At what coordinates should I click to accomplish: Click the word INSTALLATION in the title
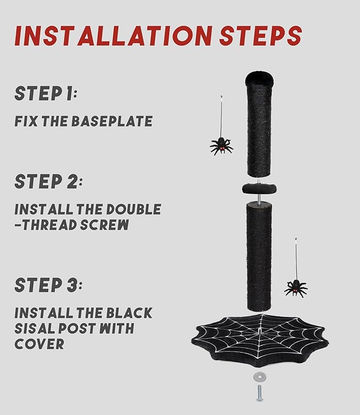113,36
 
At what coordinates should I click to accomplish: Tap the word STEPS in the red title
260,36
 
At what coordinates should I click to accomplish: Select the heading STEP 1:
46,93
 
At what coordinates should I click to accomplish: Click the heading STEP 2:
48,181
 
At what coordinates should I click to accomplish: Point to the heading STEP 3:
48,285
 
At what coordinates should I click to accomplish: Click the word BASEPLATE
112,121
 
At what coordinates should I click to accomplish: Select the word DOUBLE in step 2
134,209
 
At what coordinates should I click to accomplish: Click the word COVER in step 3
39,344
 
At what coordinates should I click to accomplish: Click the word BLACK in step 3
129,313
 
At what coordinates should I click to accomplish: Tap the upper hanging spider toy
221,146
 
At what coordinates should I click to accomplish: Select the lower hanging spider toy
296,289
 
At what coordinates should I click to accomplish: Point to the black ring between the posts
259,189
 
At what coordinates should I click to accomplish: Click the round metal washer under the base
259,377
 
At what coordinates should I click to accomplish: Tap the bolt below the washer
259,393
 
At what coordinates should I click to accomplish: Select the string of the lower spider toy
296,259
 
